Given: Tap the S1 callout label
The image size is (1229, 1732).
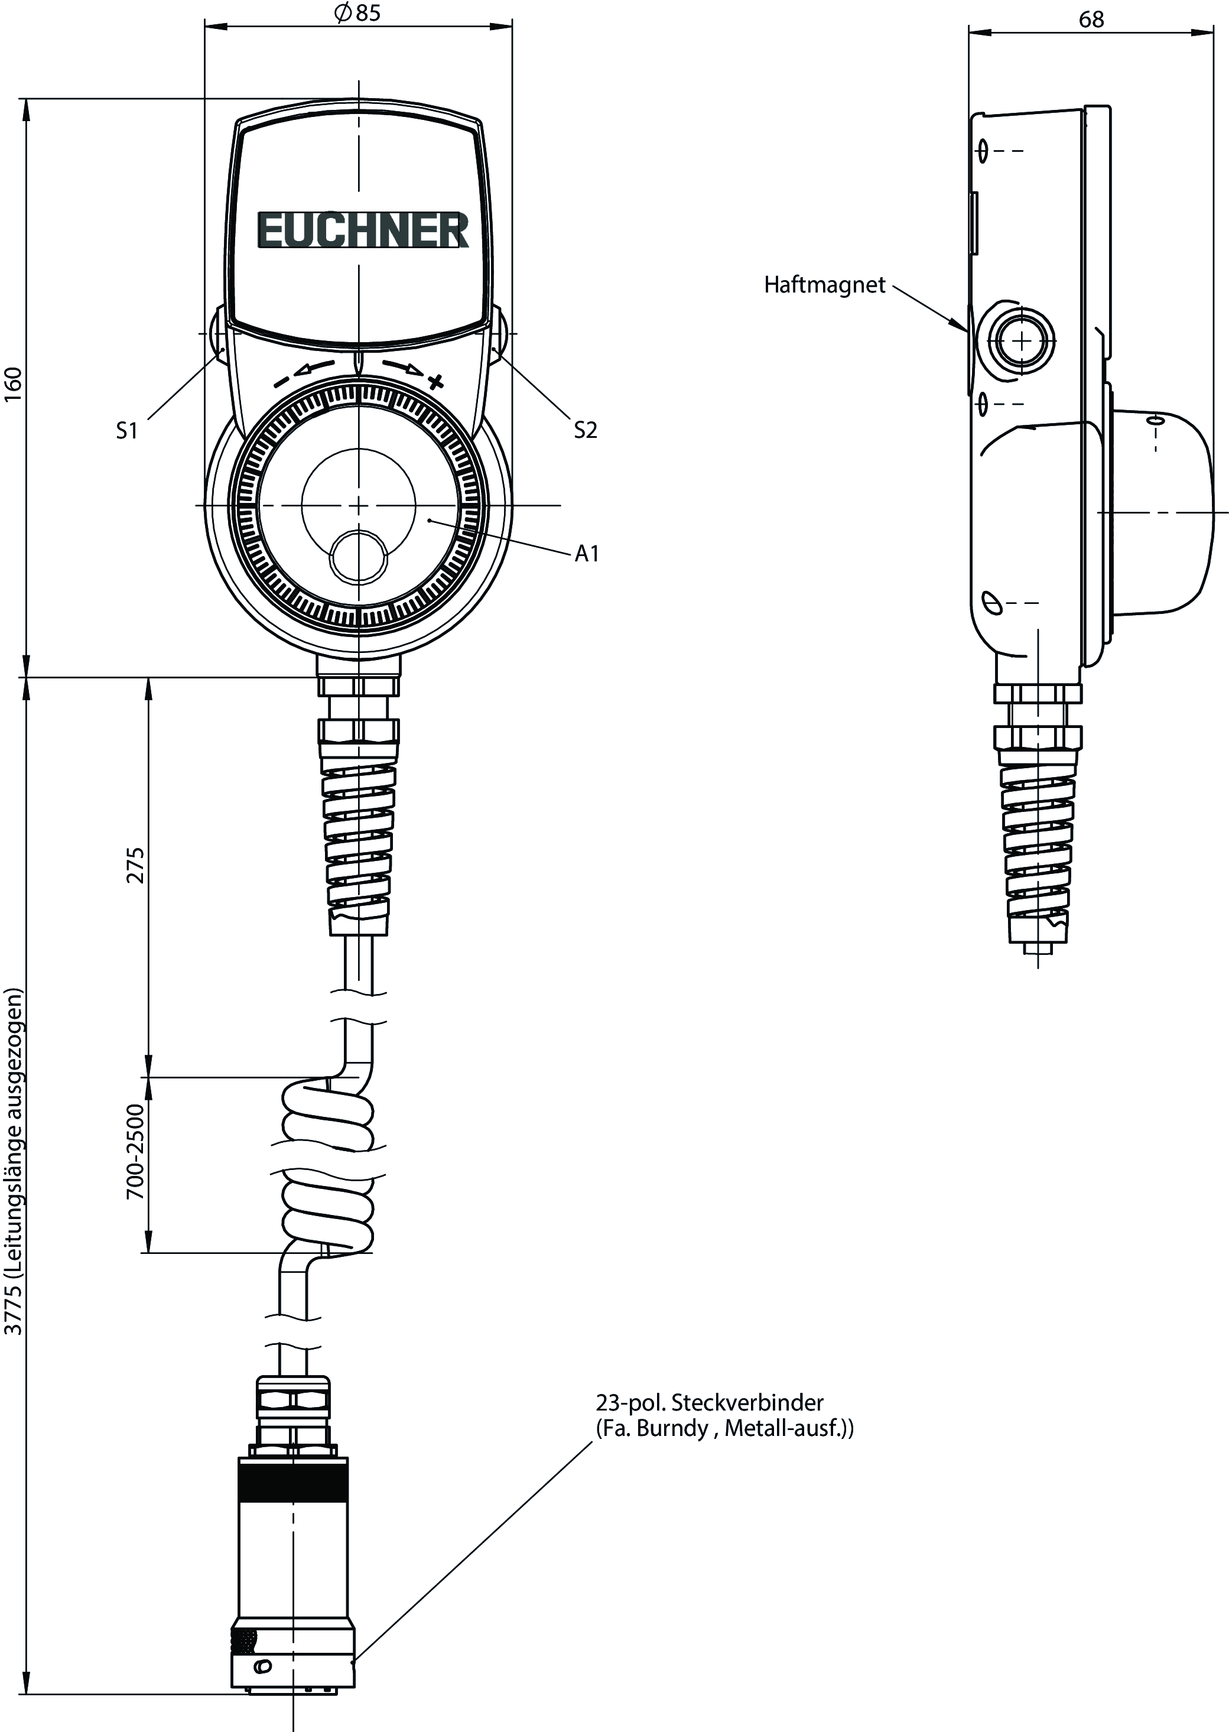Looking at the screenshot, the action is point(127,431).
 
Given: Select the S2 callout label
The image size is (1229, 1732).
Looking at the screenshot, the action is point(585,430).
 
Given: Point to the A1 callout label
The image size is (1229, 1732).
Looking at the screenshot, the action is point(587,554).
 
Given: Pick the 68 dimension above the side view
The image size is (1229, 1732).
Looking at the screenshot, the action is point(1091,19).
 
